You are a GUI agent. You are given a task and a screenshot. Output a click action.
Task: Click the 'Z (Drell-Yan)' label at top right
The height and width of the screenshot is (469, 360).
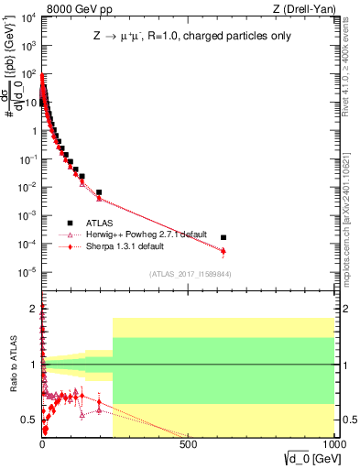tap(308, 8)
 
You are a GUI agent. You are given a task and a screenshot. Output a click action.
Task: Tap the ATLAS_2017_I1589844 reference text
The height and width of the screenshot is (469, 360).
tap(191, 274)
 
